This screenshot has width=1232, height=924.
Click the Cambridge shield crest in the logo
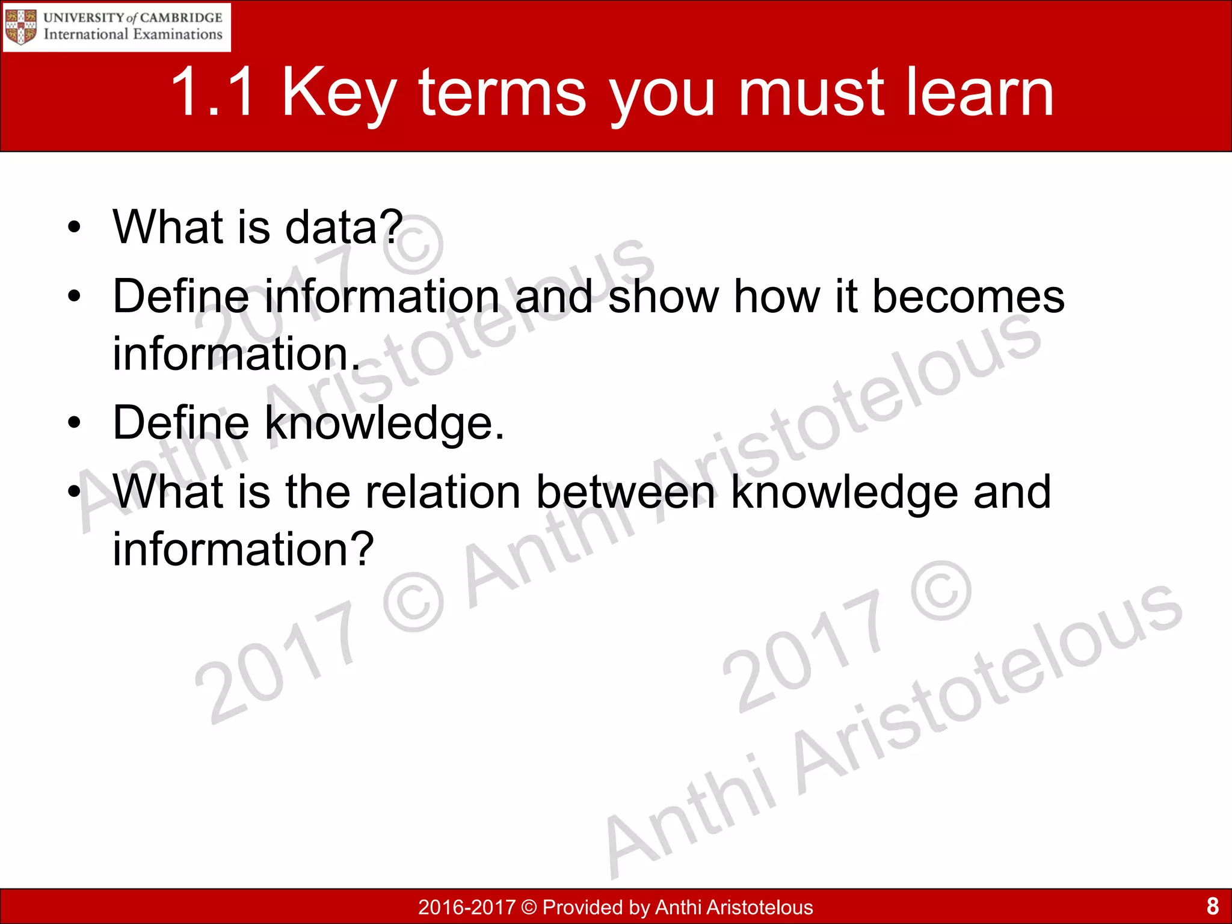[x=20, y=27]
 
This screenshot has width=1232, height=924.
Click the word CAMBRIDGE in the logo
[x=181, y=17]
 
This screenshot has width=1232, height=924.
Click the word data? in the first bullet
[x=343, y=227]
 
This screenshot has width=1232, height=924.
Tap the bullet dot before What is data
[x=74, y=228]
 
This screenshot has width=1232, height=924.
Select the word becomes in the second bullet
[x=968, y=297]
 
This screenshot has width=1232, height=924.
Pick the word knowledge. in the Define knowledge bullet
[x=384, y=423]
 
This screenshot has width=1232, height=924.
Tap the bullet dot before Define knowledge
[x=74, y=423]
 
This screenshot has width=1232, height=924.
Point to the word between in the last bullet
[x=626, y=492]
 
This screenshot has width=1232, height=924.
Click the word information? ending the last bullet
[x=244, y=549]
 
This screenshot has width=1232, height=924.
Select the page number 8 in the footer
[x=1212, y=906]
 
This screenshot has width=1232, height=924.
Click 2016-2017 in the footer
[x=467, y=907]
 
